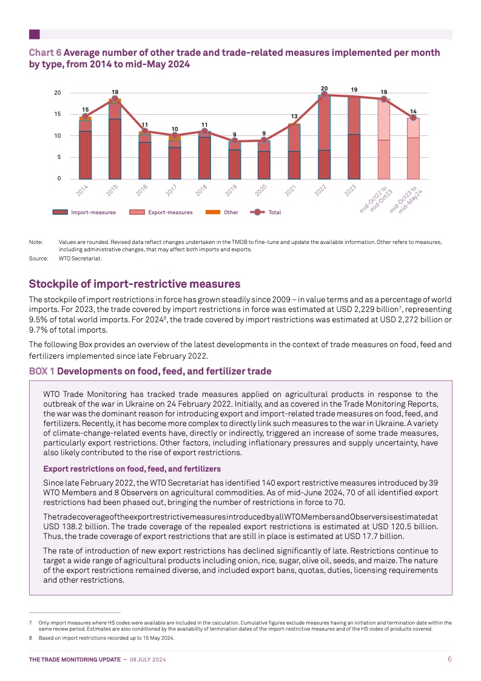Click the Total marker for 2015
pyautogui.click(x=115, y=99)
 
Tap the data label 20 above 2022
pyautogui.click(x=324, y=89)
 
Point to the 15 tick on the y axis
pyautogui.click(x=58, y=114)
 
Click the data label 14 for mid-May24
pyautogui.click(x=413, y=112)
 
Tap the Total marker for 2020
pyautogui.click(x=264, y=140)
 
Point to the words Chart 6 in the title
pyautogui.click(x=45, y=53)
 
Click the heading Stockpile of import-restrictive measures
pyautogui.click(x=135, y=284)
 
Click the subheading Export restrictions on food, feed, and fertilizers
pyautogui.click(x=132, y=469)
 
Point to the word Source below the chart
pyautogui.click(x=38, y=259)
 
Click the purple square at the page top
pyautogui.click(x=35, y=35)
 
